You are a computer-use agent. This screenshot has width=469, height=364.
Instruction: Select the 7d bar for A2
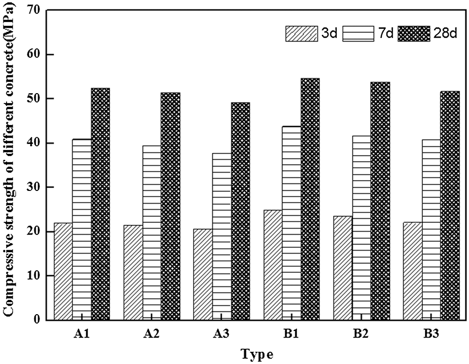[x=152, y=232]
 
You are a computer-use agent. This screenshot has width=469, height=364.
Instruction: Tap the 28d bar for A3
[x=240, y=211]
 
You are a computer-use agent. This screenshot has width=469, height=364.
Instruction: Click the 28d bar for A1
[x=100, y=204]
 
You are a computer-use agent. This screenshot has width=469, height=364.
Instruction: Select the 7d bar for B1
[x=291, y=223]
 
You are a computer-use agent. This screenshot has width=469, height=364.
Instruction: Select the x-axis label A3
[x=221, y=334]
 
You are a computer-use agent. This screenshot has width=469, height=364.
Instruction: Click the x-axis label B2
[x=361, y=334]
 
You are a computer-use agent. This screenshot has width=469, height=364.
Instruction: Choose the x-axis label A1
[x=81, y=334]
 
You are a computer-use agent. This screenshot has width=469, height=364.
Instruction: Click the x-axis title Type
[x=257, y=353]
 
